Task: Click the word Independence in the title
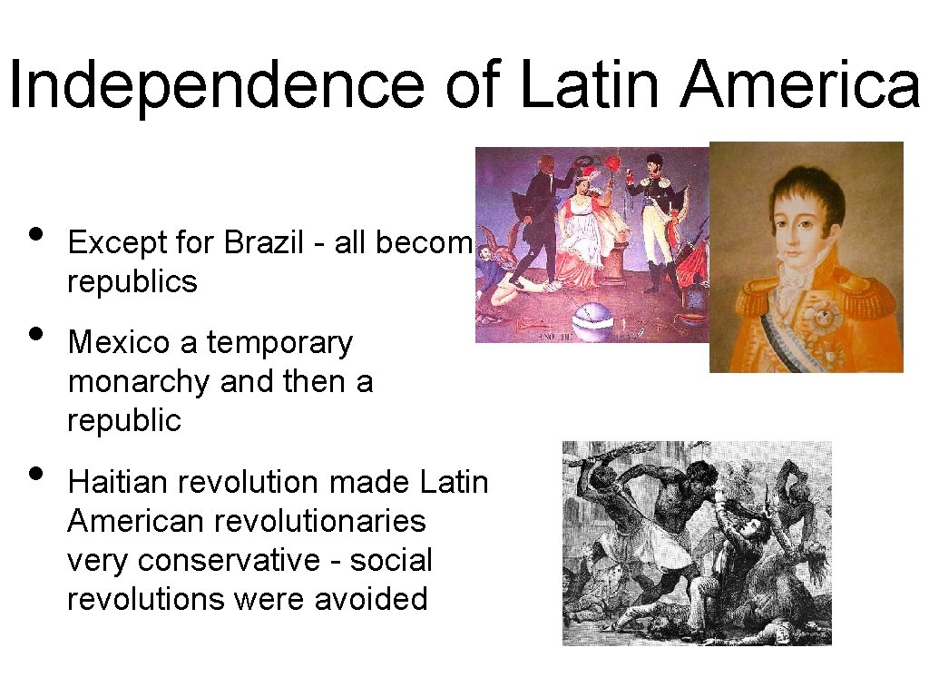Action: (216, 84)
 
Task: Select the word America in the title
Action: (801, 84)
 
